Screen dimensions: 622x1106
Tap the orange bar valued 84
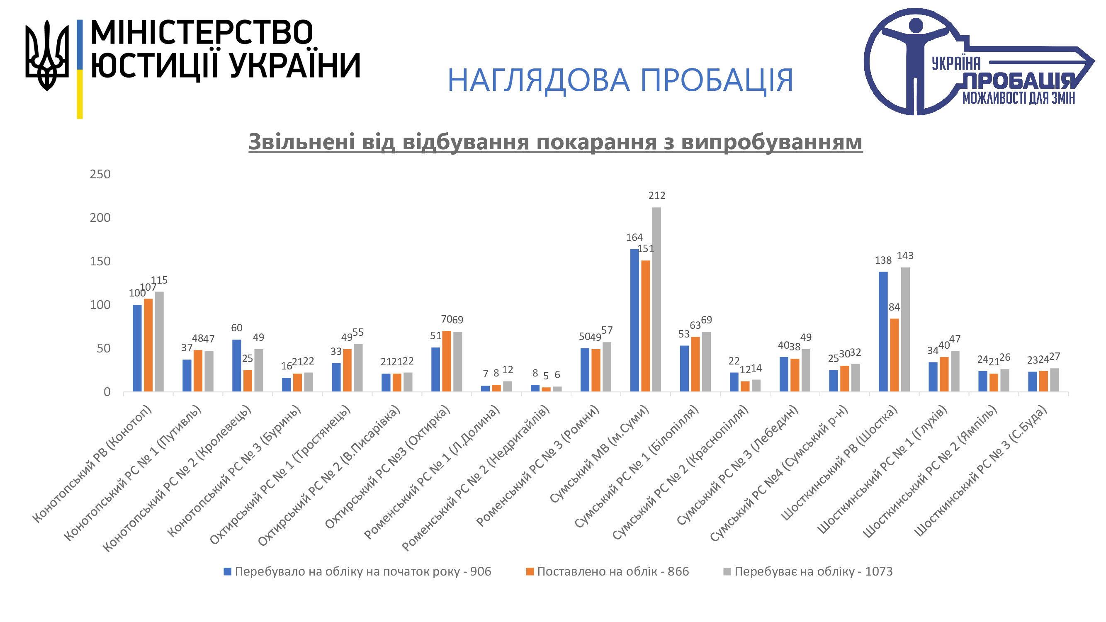tap(895, 355)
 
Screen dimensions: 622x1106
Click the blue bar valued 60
tap(236, 365)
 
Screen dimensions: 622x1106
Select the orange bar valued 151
tap(646, 326)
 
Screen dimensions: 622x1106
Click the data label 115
tap(159, 280)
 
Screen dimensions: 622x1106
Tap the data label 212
tap(656, 196)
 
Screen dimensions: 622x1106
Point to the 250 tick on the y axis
tap(100, 174)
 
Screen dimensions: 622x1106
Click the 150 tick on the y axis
tap(100, 261)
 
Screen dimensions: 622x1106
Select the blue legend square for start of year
tap(228, 571)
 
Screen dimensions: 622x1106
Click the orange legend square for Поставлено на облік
tap(530, 571)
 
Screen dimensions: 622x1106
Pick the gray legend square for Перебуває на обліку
tap(727, 571)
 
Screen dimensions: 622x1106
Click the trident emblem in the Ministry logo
tap(47, 55)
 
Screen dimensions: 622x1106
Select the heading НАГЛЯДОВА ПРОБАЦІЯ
tap(620, 80)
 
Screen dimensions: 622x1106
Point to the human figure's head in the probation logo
tap(916, 25)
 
